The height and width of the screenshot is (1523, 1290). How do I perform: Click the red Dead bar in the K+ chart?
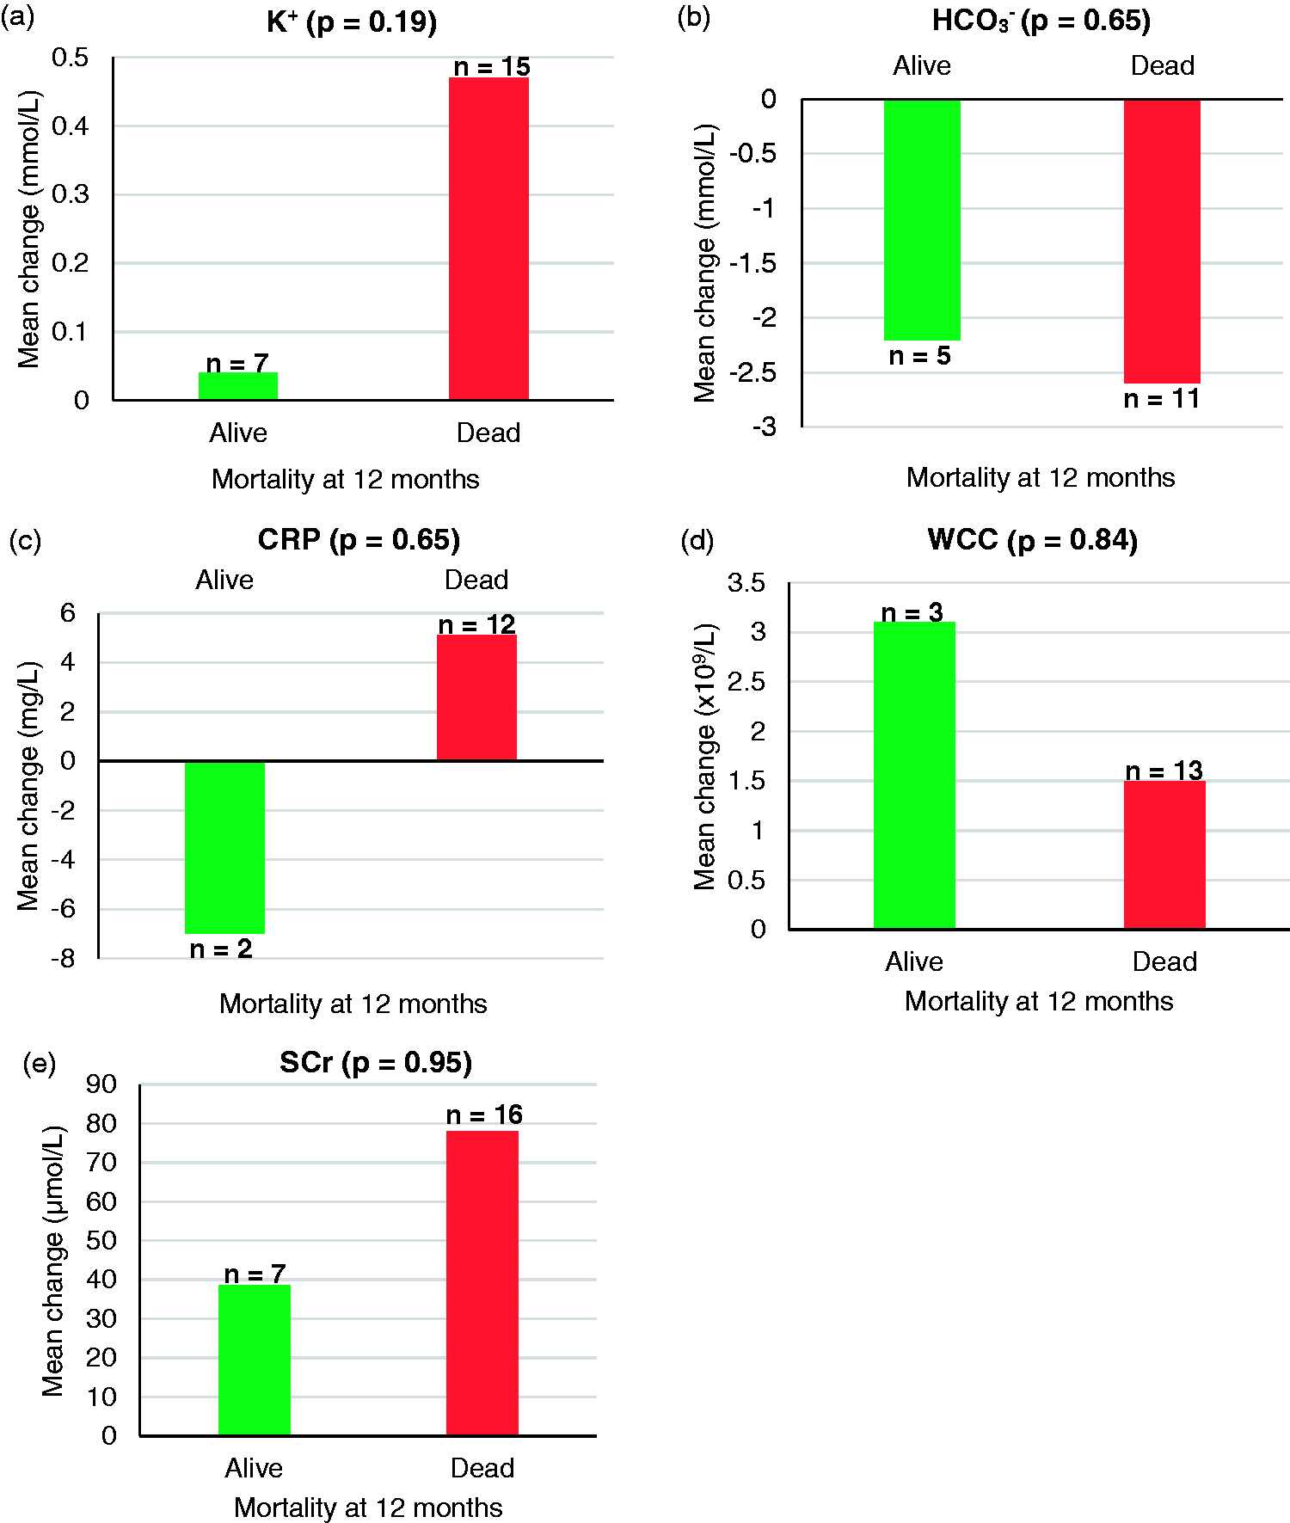[488, 238]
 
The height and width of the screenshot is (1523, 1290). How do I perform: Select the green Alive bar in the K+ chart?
[238, 386]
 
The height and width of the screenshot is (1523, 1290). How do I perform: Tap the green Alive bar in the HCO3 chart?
[922, 220]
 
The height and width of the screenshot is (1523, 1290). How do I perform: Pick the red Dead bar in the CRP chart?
[476, 697]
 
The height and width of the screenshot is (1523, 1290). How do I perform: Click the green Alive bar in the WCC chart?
[914, 775]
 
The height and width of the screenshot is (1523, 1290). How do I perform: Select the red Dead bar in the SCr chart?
[482, 1283]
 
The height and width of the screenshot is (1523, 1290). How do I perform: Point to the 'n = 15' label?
[492, 66]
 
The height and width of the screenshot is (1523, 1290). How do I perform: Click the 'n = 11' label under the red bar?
[1162, 399]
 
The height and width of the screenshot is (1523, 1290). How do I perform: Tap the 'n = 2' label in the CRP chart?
[221, 949]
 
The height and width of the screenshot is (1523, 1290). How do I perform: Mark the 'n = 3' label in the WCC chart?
[912, 612]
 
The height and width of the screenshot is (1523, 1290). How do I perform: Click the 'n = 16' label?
[484, 1115]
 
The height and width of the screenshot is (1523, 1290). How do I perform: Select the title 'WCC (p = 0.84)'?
[1033, 540]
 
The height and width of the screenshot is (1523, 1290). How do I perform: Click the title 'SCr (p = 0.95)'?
[376, 1063]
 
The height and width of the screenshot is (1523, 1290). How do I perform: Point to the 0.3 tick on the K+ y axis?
[71, 194]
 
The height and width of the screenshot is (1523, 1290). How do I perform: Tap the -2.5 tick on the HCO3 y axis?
[752, 372]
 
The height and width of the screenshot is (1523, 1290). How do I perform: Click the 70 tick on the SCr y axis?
[101, 1163]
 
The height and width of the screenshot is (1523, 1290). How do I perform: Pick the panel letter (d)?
[697, 540]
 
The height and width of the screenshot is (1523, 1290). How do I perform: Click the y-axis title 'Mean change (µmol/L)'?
[53, 1261]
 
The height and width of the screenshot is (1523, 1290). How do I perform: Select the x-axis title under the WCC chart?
[1039, 1001]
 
